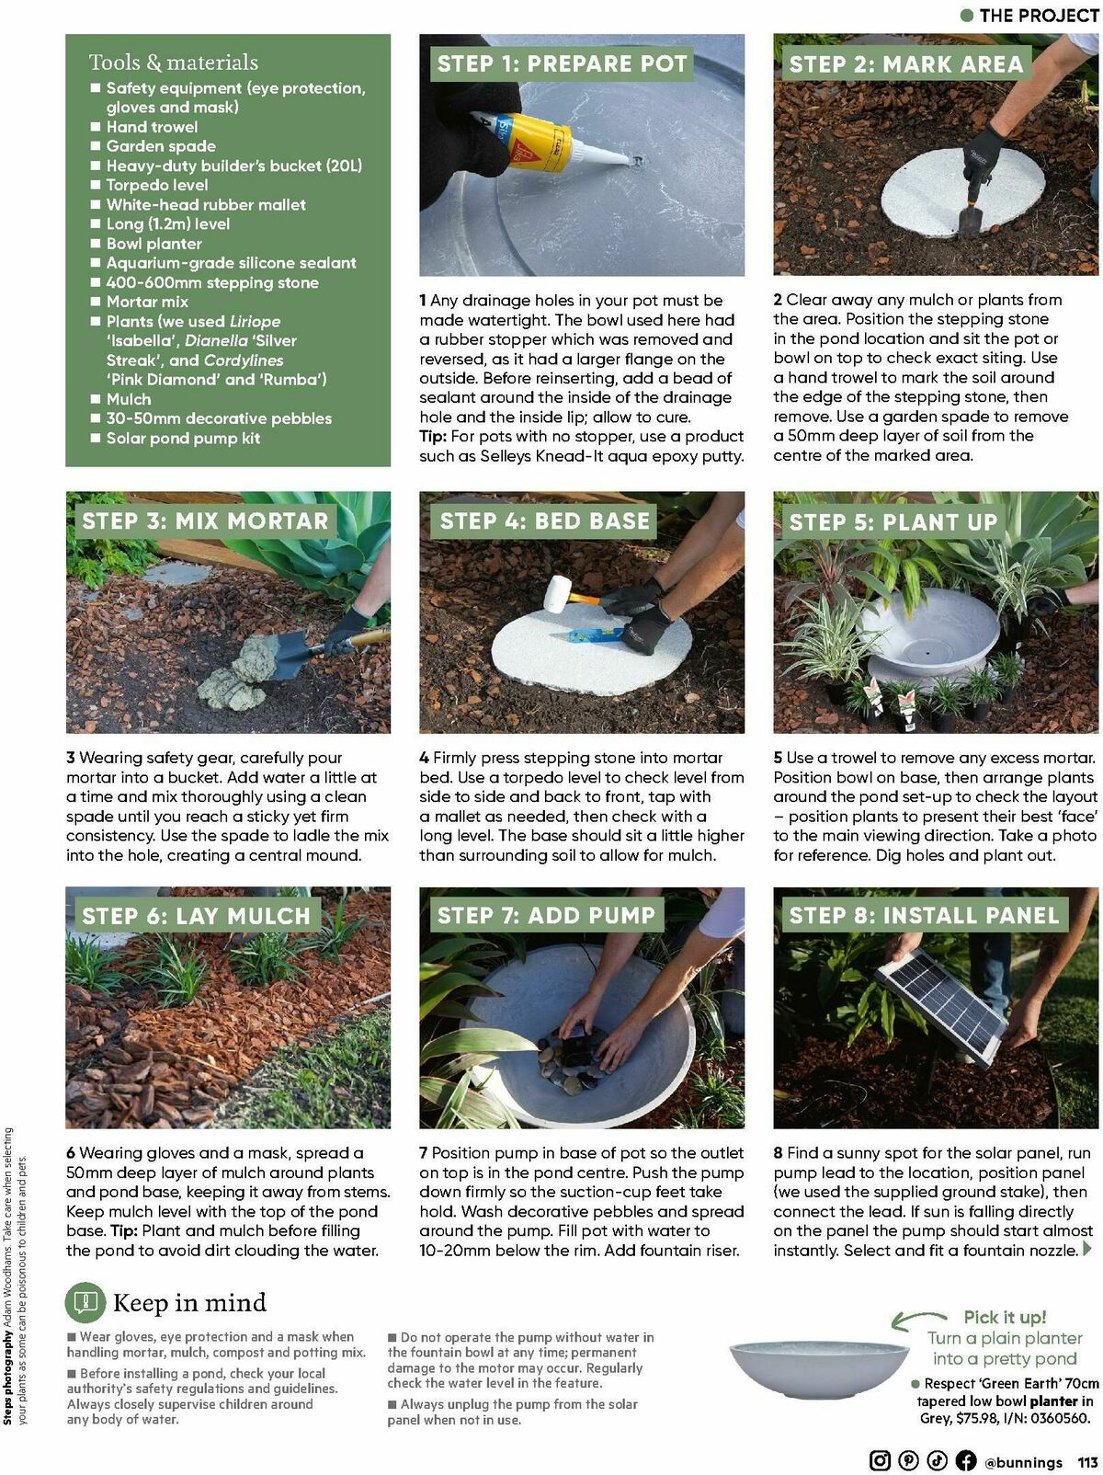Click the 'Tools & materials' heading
coord(173,63)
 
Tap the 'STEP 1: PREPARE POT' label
coord(562,63)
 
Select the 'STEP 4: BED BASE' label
coord(544,520)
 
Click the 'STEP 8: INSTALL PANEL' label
coord(924,915)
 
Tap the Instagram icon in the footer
coord(880,1460)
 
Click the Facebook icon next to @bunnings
coord(965,1460)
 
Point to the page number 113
coord(1088,1461)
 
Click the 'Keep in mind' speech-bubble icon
coord(85,1302)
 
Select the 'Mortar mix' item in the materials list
coord(147,302)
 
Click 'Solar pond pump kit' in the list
coord(183,438)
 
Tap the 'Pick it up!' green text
coord(1005,1317)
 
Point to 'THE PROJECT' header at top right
coord(1038,15)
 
